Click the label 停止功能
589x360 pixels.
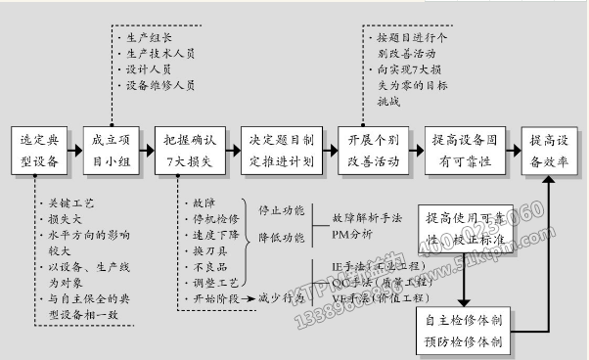[x=281, y=210]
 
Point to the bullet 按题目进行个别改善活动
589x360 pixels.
[x=410, y=44]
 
